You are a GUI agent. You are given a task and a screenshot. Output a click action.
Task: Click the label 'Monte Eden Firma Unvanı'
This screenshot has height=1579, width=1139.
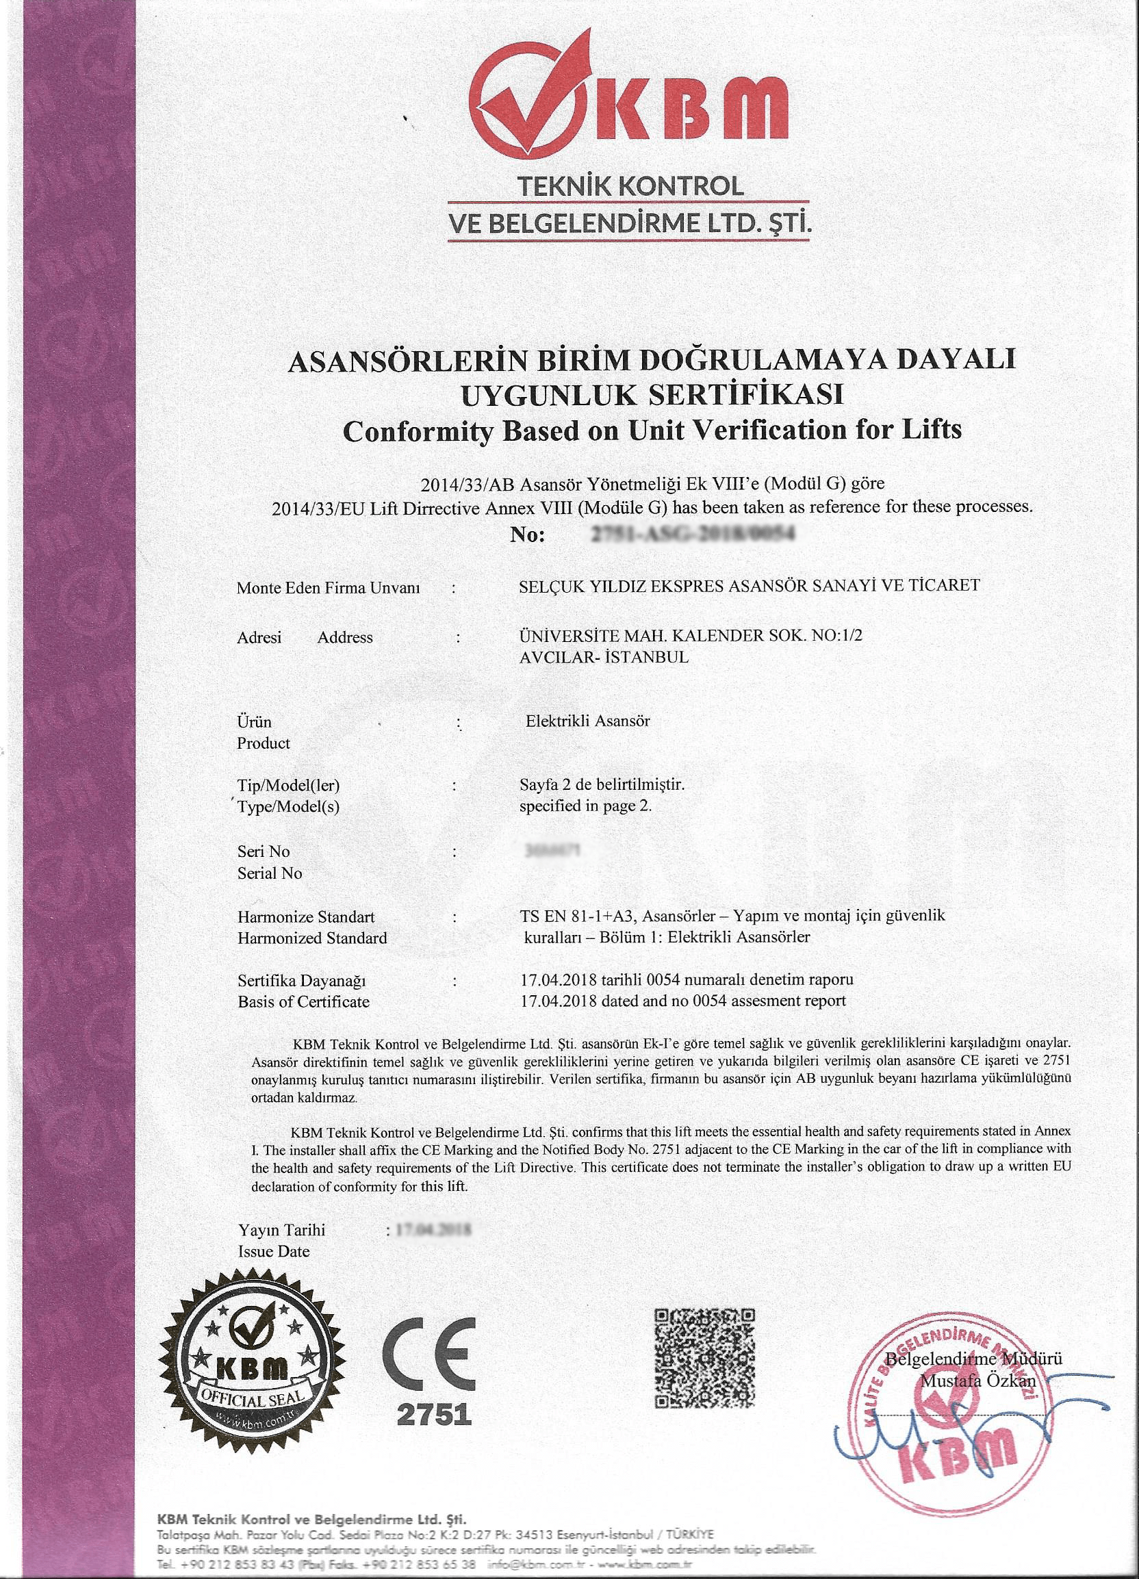point(329,588)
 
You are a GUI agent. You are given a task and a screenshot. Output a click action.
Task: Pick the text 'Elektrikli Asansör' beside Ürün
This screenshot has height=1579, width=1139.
point(588,721)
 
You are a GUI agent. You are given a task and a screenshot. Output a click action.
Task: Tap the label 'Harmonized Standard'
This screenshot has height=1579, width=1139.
point(312,938)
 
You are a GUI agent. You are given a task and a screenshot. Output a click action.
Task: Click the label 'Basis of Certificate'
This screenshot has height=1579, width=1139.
point(303,1002)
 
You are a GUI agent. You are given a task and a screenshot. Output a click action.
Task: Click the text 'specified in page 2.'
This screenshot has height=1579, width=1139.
point(585,807)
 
